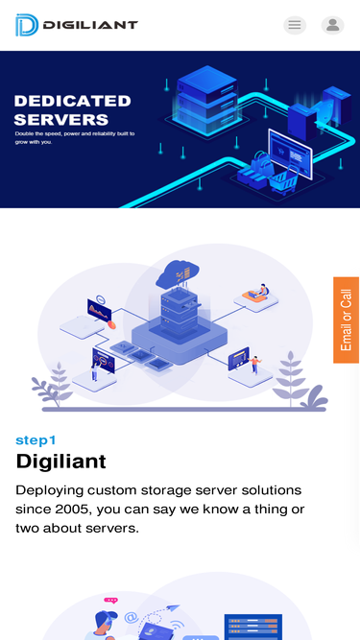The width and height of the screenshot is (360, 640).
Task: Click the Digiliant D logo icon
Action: [x=26, y=25]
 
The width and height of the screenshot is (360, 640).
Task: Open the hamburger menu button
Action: [x=295, y=25]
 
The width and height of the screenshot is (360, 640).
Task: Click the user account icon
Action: [x=332, y=25]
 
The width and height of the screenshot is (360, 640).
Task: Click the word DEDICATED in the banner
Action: [x=72, y=101]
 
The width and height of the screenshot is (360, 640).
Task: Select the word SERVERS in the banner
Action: [x=60, y=120]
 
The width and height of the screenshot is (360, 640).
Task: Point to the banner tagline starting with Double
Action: [x=75, y=137]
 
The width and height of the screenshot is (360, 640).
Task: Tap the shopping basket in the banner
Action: [x=260, y=173]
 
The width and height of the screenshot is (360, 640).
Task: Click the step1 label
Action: [x=36, y=440]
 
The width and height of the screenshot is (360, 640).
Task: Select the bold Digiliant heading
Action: [x=60, y=462]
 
